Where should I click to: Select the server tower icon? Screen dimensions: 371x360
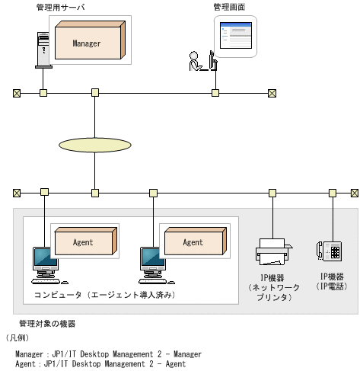43,47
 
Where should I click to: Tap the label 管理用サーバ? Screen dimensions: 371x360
60,7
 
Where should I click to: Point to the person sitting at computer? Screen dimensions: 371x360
196,62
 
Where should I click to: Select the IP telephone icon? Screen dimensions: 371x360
332,250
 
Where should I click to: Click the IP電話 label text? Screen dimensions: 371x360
332,286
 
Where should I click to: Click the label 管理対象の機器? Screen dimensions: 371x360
47,324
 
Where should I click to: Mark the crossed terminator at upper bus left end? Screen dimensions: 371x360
17,93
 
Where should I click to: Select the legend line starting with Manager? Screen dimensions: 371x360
108,354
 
